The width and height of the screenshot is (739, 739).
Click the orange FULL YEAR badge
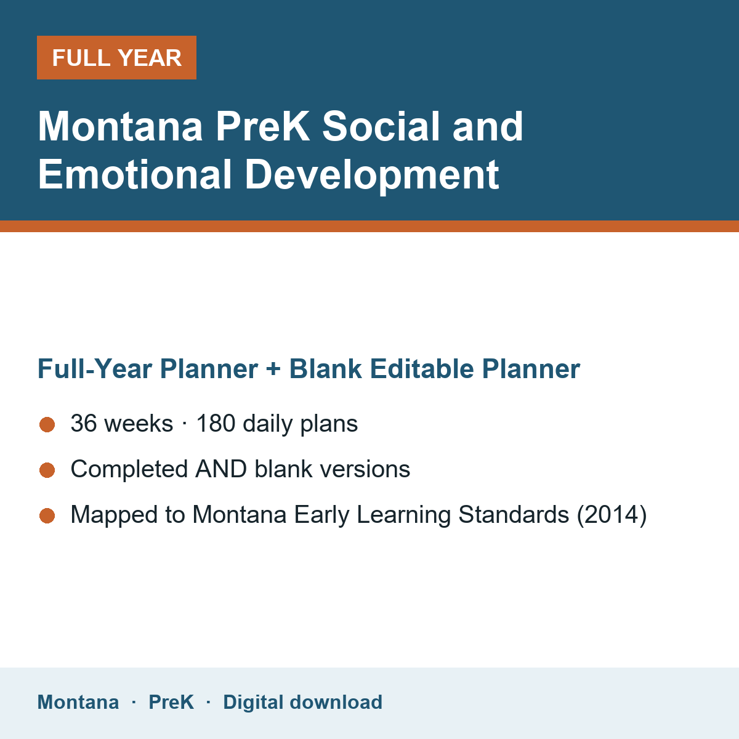coord(116,57)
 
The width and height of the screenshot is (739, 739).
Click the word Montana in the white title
coord(120,127)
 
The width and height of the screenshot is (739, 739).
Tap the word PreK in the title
coord(263,127)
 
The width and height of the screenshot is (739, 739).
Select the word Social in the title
coord(381,127)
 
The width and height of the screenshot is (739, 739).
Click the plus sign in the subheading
coord(273,369)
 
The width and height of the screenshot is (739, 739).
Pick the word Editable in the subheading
coord(421,368)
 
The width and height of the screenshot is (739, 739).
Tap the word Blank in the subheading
coord(325,368)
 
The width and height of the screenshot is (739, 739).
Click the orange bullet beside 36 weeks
coord(47,424)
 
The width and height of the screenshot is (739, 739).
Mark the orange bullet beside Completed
coord(47,470)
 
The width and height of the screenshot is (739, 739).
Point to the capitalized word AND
coord(221,469)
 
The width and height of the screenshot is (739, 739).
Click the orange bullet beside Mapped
coord(47,516)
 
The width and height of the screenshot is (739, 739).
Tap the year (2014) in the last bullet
coord(612,515)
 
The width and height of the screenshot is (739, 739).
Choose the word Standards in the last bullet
coord(514,514)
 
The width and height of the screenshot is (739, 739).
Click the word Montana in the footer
coord(78,702)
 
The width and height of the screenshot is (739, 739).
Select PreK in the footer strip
coord(171,702)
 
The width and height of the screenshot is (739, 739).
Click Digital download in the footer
coord(303,703)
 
